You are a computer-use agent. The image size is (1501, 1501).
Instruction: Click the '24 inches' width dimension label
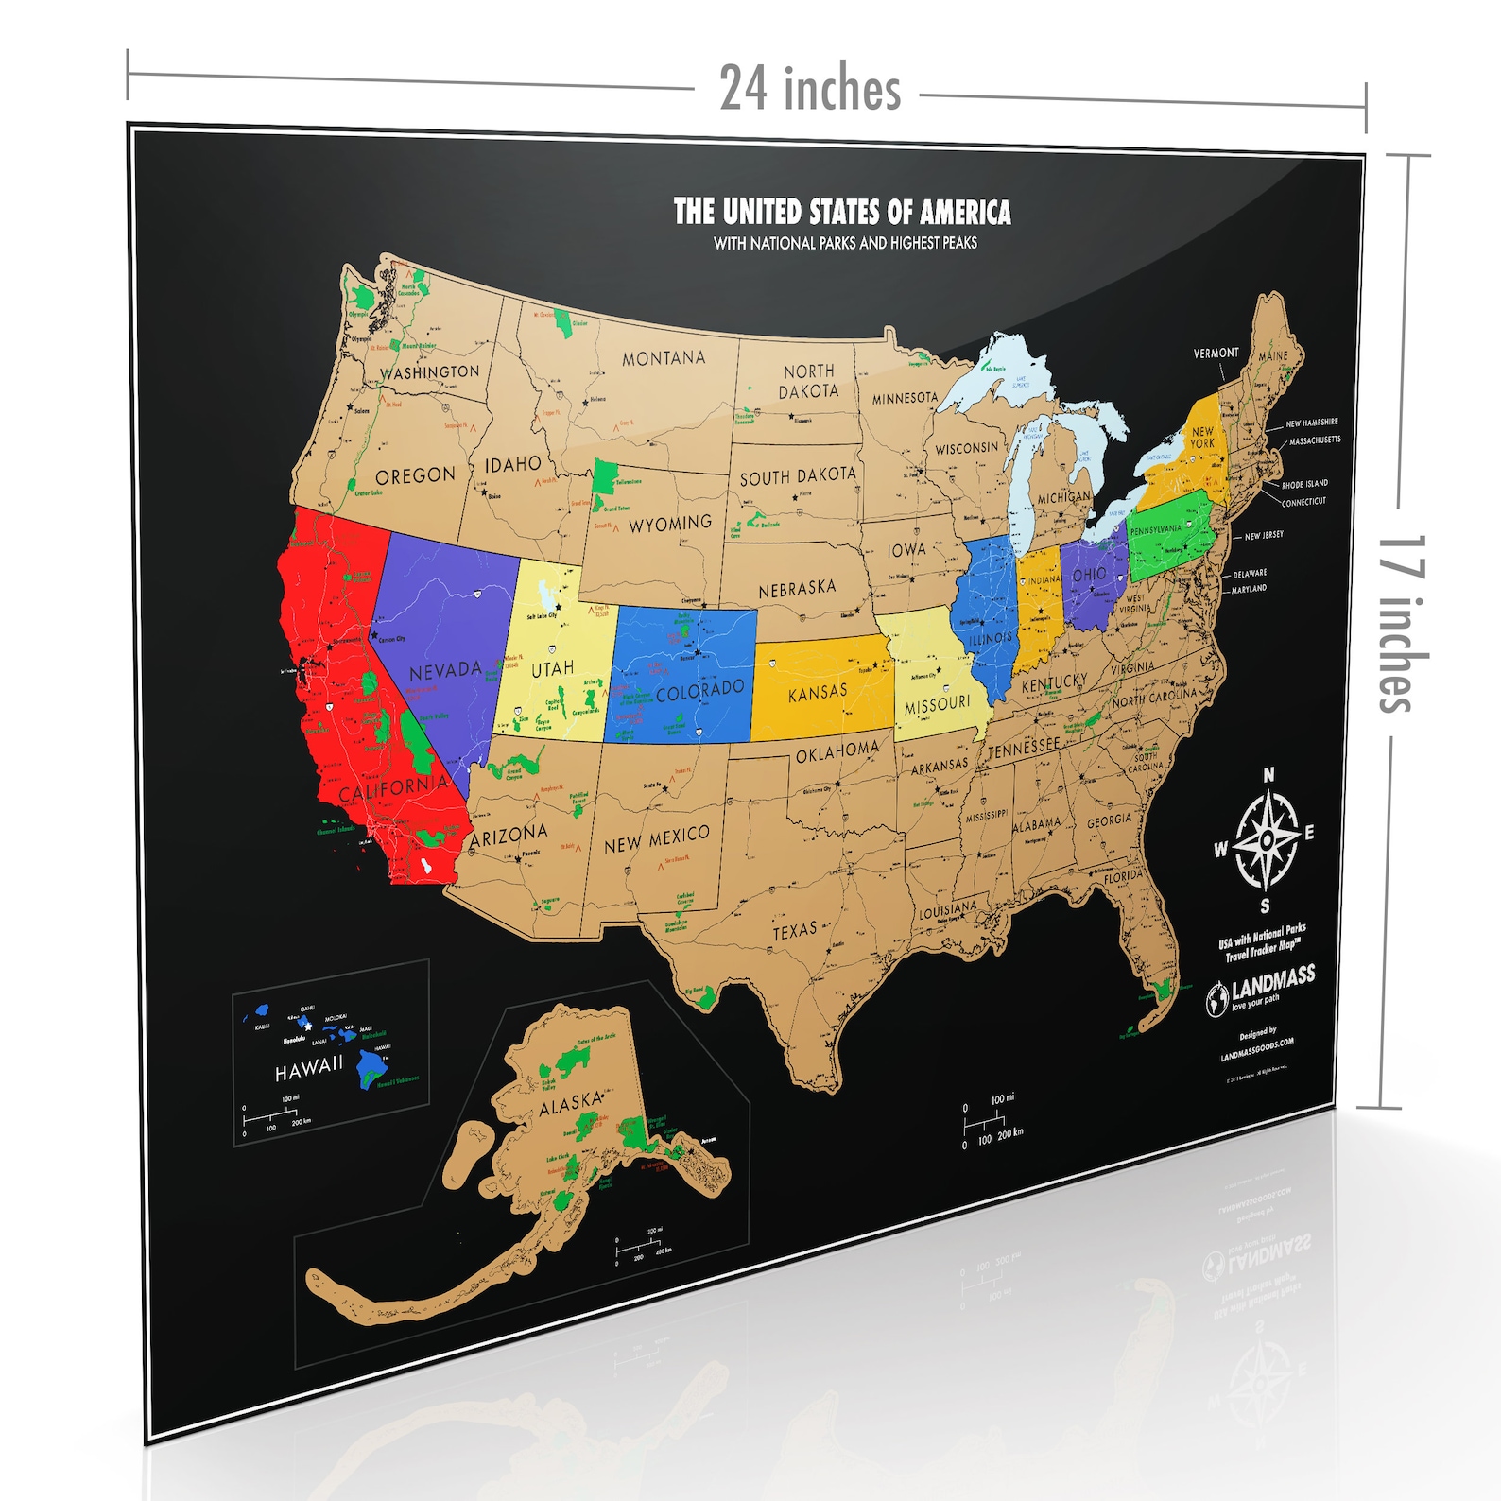click(810, 90)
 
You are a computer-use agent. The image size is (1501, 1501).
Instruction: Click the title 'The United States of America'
click(841, 212)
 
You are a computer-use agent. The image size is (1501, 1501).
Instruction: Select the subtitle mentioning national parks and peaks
click(845, 243)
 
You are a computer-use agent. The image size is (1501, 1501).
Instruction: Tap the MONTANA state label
click(664, 358)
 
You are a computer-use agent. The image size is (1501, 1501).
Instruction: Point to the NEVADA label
click(445, 671)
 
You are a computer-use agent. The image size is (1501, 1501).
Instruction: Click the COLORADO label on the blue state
click(699, 691)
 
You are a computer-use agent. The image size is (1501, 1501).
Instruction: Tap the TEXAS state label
click(794, 931)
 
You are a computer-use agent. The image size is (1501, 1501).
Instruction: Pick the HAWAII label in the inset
click(309, 1069)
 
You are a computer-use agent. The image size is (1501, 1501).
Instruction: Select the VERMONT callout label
click(1216, 353)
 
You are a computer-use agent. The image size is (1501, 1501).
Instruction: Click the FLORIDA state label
click(1124, 877)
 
